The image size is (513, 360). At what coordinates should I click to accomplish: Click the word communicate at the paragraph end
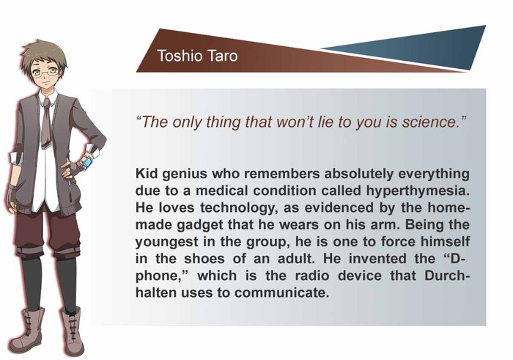click(281, 293)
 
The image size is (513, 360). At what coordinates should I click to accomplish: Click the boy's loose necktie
click(46, 122)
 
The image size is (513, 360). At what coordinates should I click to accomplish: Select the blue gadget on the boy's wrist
click(86, 163)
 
